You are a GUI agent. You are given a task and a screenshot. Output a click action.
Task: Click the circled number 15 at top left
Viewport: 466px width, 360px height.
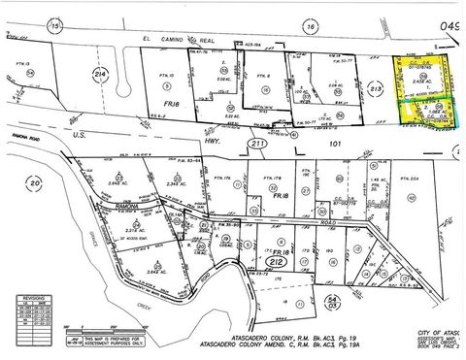click(28, 24)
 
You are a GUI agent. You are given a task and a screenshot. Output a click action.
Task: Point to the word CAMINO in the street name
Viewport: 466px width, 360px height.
click(200, 39)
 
